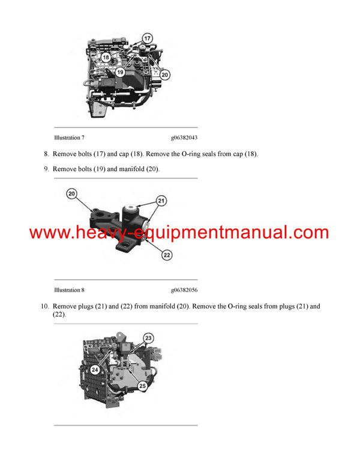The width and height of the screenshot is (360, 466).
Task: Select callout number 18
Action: [x=106, y=57]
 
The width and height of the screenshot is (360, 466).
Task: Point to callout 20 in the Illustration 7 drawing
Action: [x=165, y=75]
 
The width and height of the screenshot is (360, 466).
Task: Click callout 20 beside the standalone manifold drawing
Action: [x=72, y=194]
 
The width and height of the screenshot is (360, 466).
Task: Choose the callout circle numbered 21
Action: [x=161, y=200]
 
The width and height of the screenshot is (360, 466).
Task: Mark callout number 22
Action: [x=167, y=255]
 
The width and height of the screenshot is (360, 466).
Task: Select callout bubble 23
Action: [x=149, y=337]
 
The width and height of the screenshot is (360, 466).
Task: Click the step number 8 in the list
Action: [x=46, y=154]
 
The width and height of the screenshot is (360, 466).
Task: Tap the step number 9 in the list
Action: [x=46, y=169]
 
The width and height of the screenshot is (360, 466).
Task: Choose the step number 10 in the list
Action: [x=44, y=306]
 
